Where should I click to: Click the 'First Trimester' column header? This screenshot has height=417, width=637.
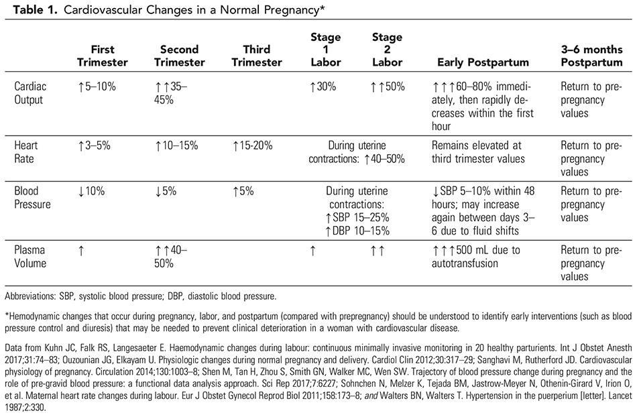click(102, 56)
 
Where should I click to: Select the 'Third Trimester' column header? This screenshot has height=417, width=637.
click(256, 56)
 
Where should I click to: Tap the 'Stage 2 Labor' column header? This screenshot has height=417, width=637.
click(387, 50)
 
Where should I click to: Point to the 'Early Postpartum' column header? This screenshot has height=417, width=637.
click(483, 62)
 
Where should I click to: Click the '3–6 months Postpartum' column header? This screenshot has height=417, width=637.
click(591, 56)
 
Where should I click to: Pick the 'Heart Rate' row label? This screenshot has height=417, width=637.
click(27, 152)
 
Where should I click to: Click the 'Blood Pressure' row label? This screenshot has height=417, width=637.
click(33, 197)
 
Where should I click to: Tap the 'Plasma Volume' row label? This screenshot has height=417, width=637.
click(31, 257)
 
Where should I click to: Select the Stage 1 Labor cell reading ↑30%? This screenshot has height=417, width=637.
click(323, 86)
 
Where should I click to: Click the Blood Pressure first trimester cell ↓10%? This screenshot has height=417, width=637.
click(91, 191)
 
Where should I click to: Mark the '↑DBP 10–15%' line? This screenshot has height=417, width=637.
click(357, 230)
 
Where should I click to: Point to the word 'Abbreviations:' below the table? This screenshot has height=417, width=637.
click(30, 296)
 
